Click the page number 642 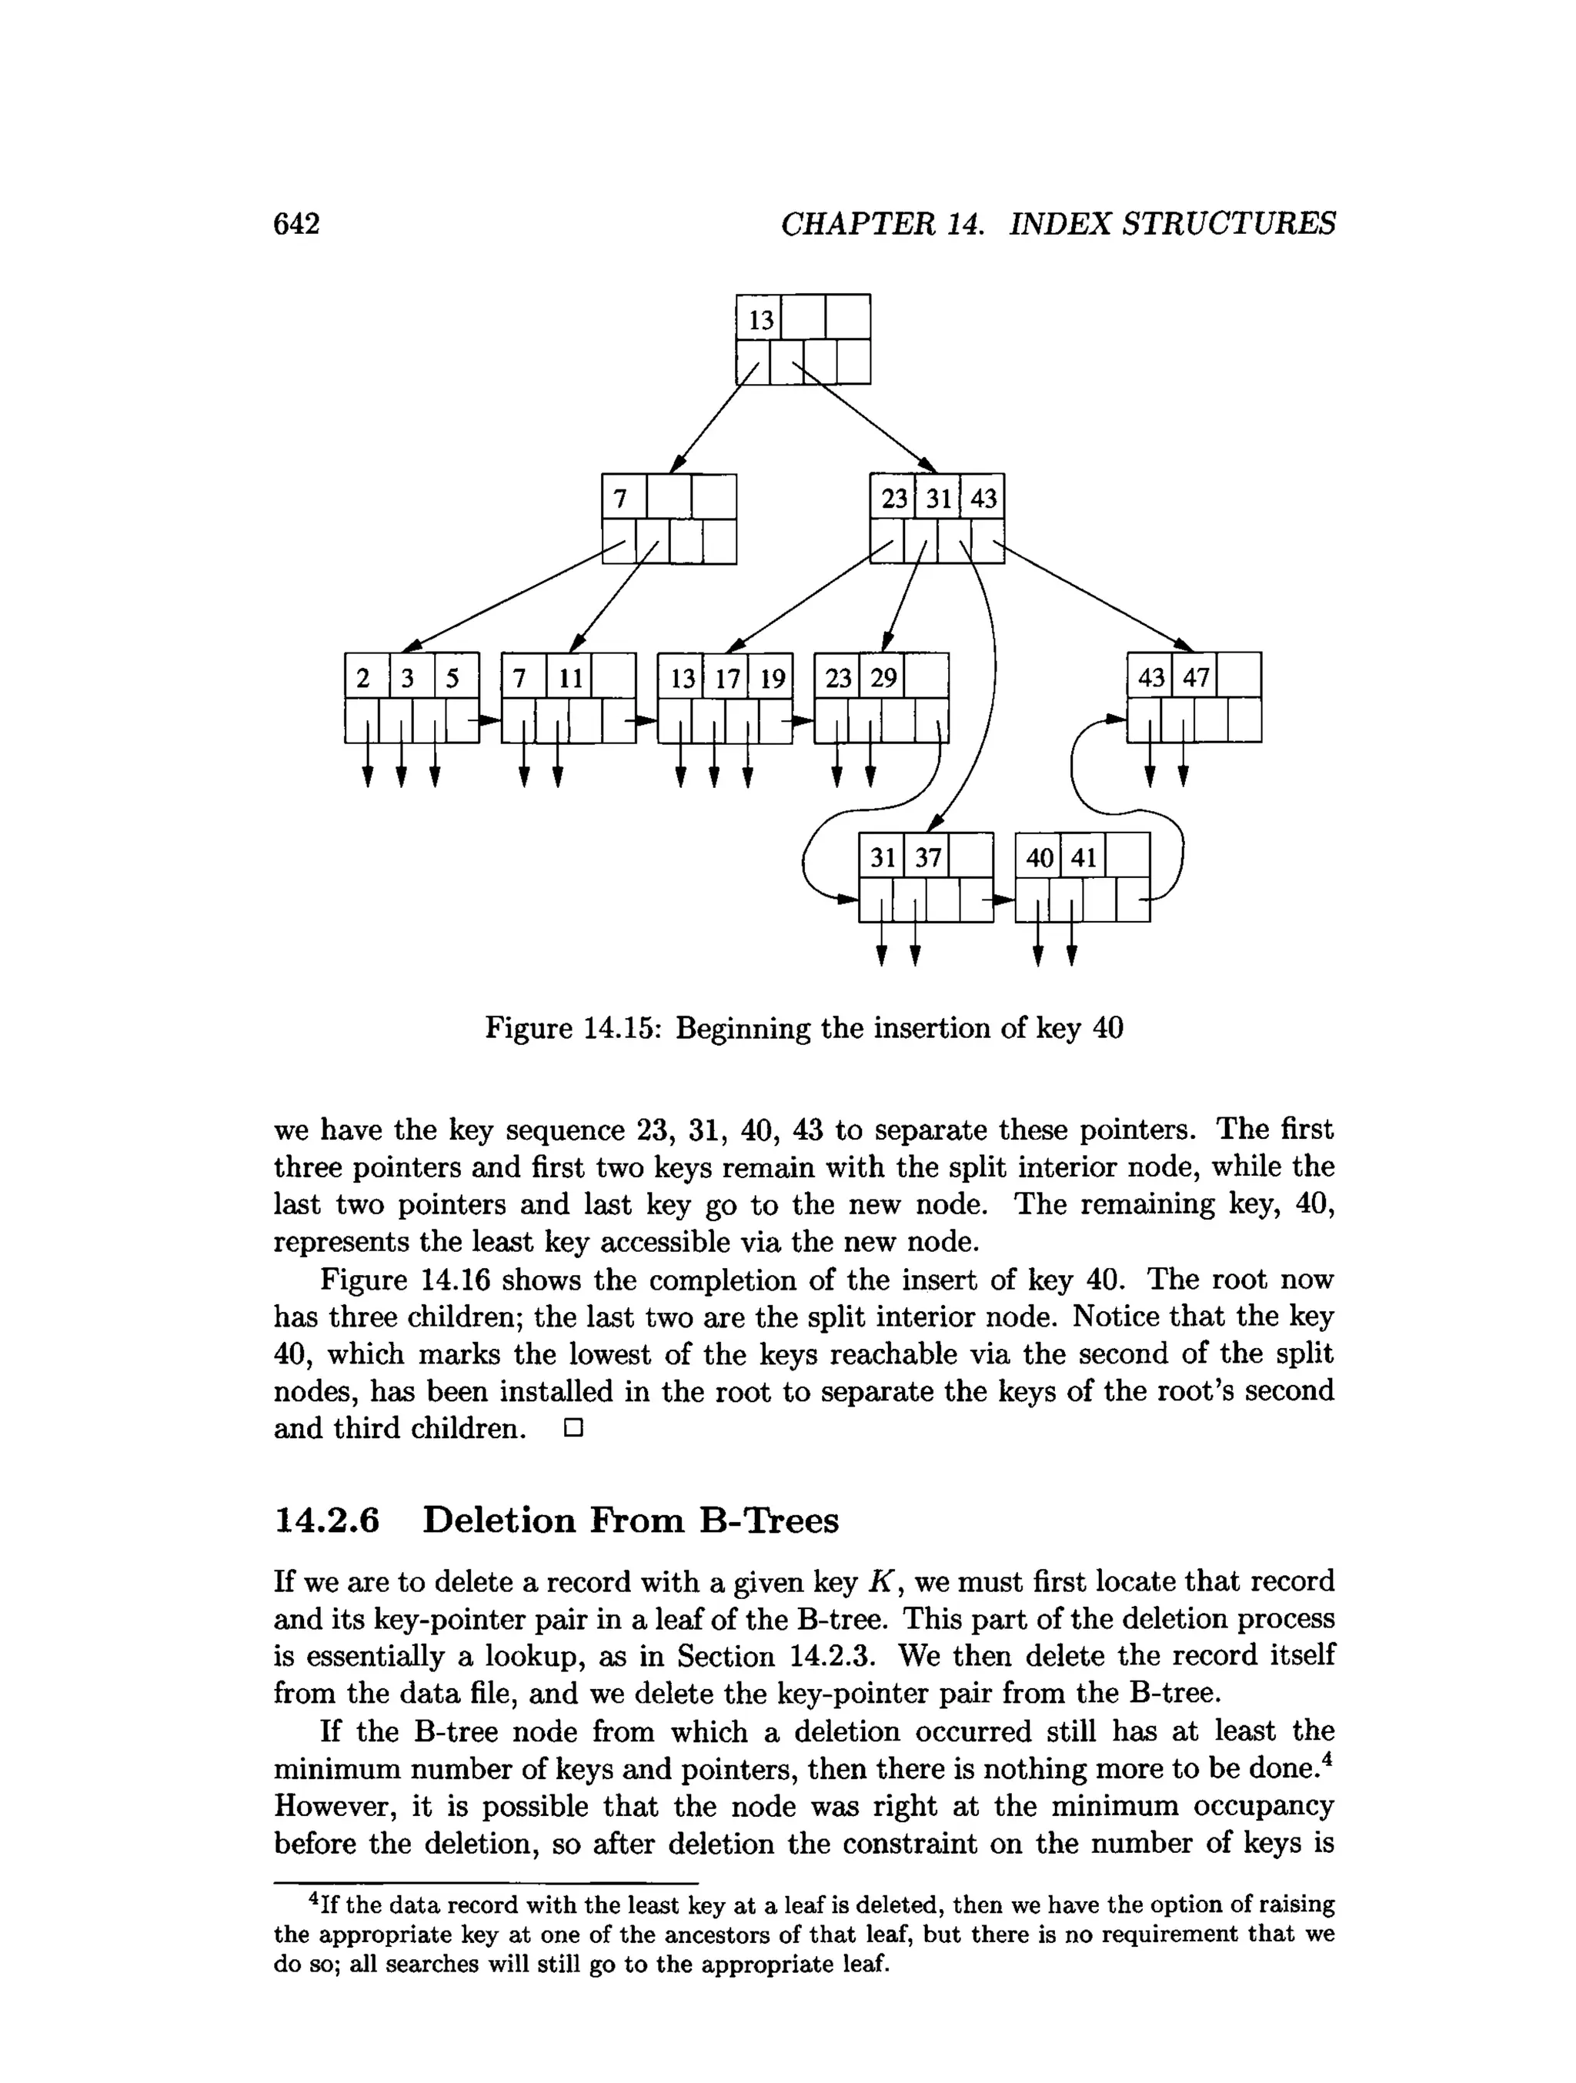[296, 224]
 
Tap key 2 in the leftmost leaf [362, 679]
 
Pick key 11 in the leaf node [570, 679]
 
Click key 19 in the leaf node [772, 679]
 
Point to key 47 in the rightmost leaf [1195, 679]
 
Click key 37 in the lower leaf [927, 858]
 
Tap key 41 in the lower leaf [1083, 858]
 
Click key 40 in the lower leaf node [1040, 858]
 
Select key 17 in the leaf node [726, 679]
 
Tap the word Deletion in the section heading [498, 1521]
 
